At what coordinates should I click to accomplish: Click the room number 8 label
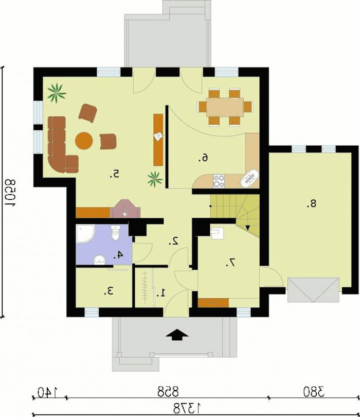pos(311,204)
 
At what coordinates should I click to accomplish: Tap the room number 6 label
pos(203,158)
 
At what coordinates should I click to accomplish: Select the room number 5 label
pos(115,174)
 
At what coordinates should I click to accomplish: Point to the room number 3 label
pos(109,291)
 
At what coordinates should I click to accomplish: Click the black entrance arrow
pos(177,335)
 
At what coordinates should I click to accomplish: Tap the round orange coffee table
pos(84,141)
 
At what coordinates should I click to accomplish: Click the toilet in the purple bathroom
pos(116,233)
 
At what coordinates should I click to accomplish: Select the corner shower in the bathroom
pos(85,234)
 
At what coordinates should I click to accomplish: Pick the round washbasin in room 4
pos(100,260)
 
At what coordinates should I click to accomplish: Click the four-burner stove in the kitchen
pos(219,181)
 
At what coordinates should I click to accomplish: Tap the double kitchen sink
pos(249,179)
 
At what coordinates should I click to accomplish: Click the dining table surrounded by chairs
pos(225,107)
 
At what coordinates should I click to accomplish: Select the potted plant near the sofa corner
pos(57,93)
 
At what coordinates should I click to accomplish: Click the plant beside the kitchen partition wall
pos(155,179)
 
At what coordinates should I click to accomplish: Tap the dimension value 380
pos(314,392)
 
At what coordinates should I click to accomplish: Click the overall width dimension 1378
pos(187,408)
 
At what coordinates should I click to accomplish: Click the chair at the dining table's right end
pos(248,107)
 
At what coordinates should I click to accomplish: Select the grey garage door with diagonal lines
pos(313,290)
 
